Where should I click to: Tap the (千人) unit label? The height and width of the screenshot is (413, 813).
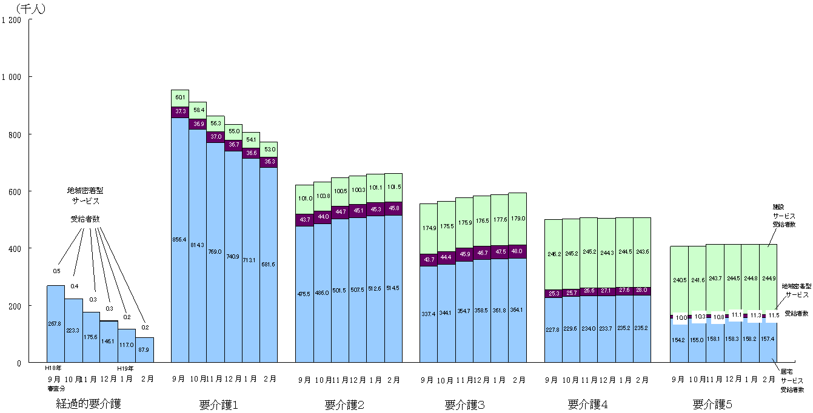(x=30, y=8)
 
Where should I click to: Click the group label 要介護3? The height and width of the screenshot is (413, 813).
(x=464, y=405)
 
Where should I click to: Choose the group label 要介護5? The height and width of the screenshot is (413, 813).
(x=713, y=404)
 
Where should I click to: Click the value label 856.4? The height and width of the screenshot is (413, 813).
(x=179, y=239)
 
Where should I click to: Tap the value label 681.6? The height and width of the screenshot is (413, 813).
(x=269, y=264)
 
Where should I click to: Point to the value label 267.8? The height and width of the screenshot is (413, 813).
(x=55, y=323)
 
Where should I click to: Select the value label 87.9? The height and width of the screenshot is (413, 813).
(x=144, y=349)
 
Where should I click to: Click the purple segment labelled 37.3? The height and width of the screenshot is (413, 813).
(x=180, y=111)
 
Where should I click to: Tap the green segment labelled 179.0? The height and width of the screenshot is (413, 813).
(x=517, y=219)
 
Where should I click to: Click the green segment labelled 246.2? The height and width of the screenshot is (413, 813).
(x=553, y=254)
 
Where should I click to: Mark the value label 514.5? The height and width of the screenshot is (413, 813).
(x=393, y=288)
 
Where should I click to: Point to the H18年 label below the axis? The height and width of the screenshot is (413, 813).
(x=53, y=368)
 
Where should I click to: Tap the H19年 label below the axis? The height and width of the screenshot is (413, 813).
(x=126, y=368)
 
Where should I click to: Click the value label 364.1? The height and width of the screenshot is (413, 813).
(x=517, y=310)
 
